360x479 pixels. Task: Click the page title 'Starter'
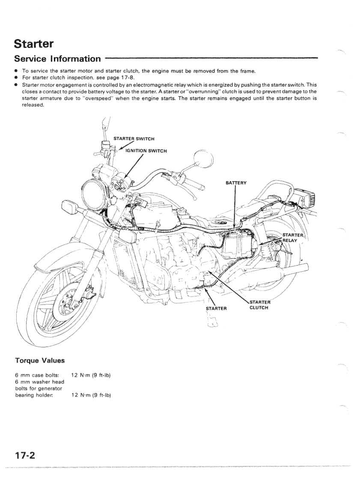pyautogui.click(x=34, y=43)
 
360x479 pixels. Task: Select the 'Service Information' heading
pyautogui.click(x=58, y=58)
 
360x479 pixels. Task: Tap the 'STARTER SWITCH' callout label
pyautogui.click(x=134, y=138)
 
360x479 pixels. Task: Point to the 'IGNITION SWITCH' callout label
pyautogui.click(x=146, y=150)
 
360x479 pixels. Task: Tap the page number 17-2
pyautogui.click(x=25, y=454)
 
